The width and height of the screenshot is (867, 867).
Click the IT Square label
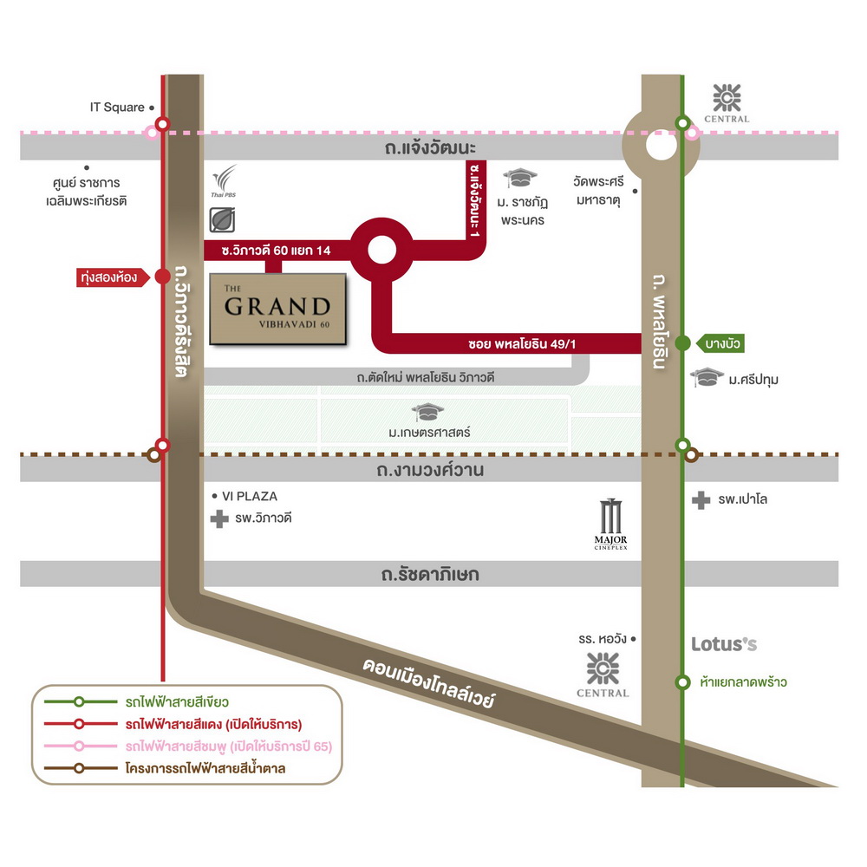(117, 108)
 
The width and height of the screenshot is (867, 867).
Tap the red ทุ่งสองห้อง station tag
(113, 277)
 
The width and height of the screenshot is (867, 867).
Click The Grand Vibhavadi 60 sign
(277, 310)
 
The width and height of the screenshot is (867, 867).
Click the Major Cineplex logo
(610, 525)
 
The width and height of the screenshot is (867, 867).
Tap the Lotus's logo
(724, 644)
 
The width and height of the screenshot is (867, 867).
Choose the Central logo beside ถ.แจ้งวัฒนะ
(727, 103)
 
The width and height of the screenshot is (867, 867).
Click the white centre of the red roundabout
(381, 250)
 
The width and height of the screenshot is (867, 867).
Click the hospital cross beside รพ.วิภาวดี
(219, 518)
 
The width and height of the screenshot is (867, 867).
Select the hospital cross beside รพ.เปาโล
(701, 500)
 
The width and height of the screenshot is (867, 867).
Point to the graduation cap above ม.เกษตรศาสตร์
(427, 412)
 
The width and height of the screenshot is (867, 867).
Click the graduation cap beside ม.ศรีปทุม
(707, 377)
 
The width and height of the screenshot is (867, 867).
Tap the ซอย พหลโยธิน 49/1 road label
(522, 344)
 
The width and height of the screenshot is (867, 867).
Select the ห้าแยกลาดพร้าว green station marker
(683, 682)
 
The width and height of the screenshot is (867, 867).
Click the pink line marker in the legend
(79, 746)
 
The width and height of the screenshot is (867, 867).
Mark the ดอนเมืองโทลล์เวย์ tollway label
(428, 683)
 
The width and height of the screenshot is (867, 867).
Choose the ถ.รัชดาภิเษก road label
(430, 575)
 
